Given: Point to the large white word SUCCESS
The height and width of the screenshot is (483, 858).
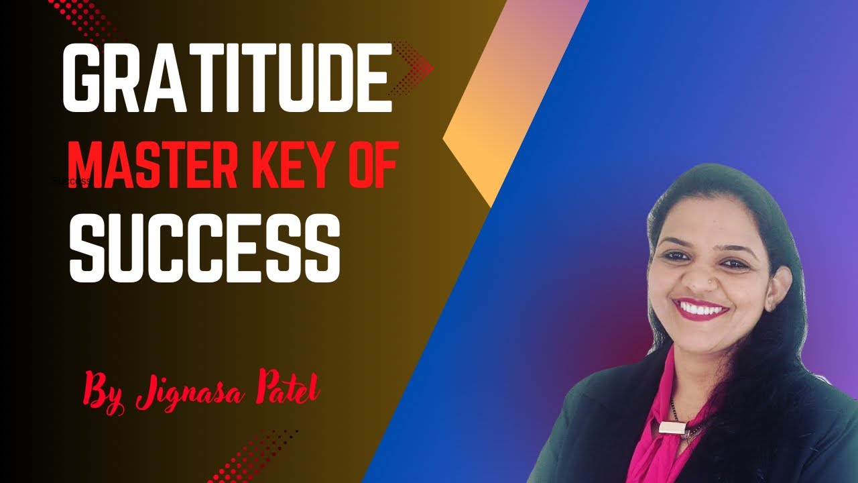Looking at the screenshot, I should point(204,247).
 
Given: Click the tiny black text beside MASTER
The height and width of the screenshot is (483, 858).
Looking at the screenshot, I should point(71,181).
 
